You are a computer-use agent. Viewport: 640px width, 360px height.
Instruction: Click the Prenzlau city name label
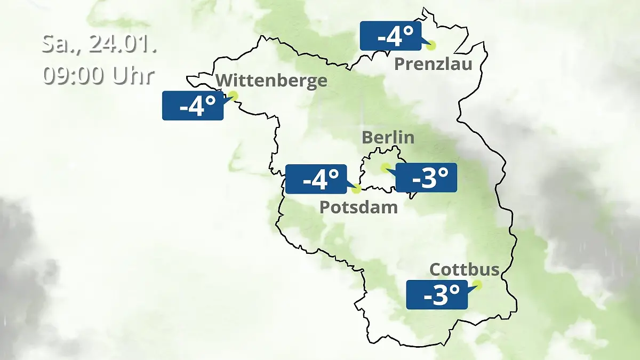(433, 65)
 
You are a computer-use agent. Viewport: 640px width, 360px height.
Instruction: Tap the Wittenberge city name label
(271, 81)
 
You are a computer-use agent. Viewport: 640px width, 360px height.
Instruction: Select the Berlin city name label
(388, 137)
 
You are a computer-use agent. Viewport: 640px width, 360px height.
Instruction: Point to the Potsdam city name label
(358, 207)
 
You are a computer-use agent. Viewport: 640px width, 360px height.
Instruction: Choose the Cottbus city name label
(465, 269)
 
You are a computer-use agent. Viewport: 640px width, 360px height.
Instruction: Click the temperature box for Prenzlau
(391, 36)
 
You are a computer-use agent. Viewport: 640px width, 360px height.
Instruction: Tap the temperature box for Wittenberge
(193, 106)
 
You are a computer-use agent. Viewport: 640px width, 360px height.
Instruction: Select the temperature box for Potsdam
(316, 179)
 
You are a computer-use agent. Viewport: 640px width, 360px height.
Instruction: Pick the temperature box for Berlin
(426, 178)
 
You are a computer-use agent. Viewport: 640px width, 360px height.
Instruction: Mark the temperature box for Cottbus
(437, 294)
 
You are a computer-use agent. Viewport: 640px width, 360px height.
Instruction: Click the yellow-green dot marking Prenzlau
(430, 46)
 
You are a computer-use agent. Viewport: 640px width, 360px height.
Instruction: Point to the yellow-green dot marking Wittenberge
(233, 96)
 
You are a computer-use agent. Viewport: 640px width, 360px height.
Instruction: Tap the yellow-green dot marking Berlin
(385, 167)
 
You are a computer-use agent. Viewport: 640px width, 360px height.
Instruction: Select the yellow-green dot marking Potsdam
(356, 188)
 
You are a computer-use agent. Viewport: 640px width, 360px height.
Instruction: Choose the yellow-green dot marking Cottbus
(477, 285)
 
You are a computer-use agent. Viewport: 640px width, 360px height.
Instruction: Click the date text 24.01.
(122, 44)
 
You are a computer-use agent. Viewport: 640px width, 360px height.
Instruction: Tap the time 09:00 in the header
(74, 75)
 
